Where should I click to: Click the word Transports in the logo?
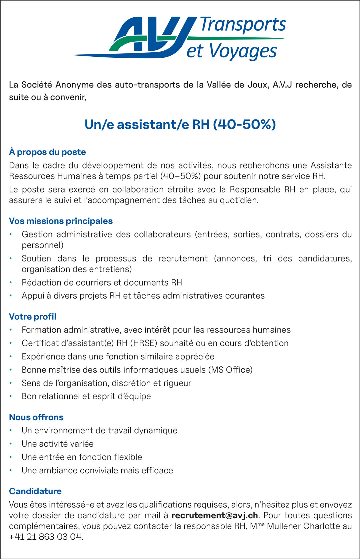pos(243,25)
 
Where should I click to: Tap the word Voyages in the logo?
pos(243,52)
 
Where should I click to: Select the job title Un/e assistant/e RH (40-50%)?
pos(180,124)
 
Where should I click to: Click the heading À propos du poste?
pos(47,152)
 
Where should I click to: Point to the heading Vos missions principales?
pos(61,221)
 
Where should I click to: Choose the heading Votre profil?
pos(33,317)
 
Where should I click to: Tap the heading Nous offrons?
pos(36,417)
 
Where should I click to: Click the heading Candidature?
pos(35,491)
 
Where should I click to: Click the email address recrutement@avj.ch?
pos(215,515)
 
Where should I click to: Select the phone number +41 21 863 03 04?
pos(45,537)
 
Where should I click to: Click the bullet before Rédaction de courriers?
pos(11,283)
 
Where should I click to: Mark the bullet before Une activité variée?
pos(11,444)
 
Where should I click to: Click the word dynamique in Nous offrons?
pos(156,431)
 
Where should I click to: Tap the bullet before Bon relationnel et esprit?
pos(11,396)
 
